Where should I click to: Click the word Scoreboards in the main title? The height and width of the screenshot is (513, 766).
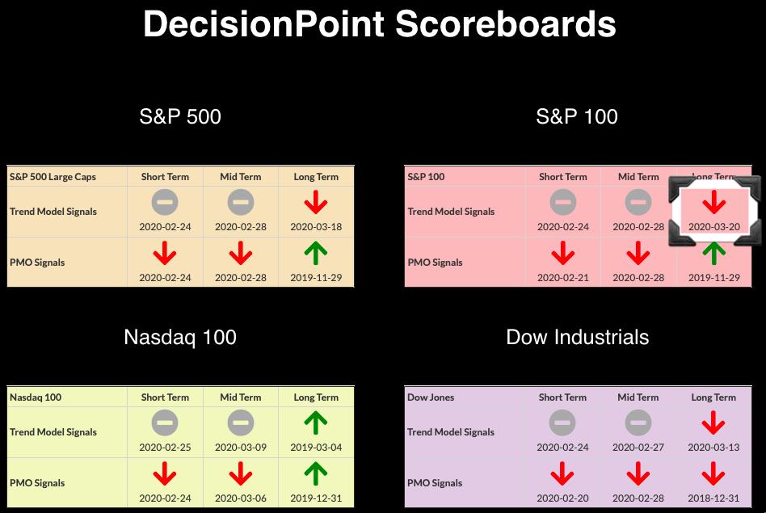(506, 24)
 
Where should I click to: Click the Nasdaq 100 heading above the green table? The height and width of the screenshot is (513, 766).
(180, 337)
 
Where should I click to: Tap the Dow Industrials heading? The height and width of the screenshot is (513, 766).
(578, 337)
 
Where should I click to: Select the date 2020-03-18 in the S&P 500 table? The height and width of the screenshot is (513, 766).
(316, 227)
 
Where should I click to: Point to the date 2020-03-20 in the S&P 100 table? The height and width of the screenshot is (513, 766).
(714, 227)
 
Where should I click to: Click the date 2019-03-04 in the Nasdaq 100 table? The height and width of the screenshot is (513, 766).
(316, 447)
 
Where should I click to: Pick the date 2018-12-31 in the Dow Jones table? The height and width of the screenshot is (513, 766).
(713, 498)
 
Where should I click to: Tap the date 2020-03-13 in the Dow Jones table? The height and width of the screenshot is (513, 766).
(713, 447)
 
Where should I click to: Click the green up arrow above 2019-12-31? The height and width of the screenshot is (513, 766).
(316, 474)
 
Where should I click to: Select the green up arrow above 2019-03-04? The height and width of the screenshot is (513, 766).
(316, 423)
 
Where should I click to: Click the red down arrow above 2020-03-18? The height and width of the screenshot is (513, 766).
(316, 202)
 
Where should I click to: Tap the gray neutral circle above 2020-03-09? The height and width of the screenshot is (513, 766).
(241, 423)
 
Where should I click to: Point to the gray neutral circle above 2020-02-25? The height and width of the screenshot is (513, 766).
(165, 423)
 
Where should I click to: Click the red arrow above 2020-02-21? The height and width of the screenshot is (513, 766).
(562, 253)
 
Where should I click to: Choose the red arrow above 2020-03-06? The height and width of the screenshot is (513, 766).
(241, 474)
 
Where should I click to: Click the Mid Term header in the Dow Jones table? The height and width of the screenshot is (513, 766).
(638, 397)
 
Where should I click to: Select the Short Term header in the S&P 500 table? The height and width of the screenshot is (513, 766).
(165, 177)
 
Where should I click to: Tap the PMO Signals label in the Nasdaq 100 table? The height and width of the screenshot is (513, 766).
(37, 483)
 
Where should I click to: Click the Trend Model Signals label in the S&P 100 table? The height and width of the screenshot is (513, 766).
(451, 212)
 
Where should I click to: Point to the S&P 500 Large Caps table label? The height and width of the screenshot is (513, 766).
(53, 177)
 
